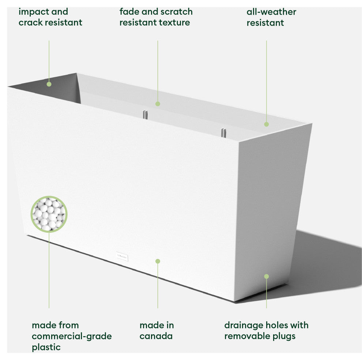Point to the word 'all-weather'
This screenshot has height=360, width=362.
click(x=271, y=12)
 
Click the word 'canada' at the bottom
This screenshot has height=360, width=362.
click(x=156, y=336)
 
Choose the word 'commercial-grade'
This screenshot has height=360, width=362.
click(x=72, y=336)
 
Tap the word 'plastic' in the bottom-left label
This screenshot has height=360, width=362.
click(x=46, y=347)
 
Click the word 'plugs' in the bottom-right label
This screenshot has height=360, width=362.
click(x=283, y=336)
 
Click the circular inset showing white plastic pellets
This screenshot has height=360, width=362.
click(x=49, y=214)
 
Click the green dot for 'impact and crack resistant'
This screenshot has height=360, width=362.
click(x=49, y=84)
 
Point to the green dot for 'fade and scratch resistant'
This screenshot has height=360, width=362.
click(x=158, y=104)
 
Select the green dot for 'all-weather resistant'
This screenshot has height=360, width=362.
click(x=266, y=124)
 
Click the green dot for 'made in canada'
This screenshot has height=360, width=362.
click(x=158, y=261)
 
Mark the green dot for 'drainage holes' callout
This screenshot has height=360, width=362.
click(x=266, y=277)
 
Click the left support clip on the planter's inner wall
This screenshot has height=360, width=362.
click(x=145, y=114)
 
